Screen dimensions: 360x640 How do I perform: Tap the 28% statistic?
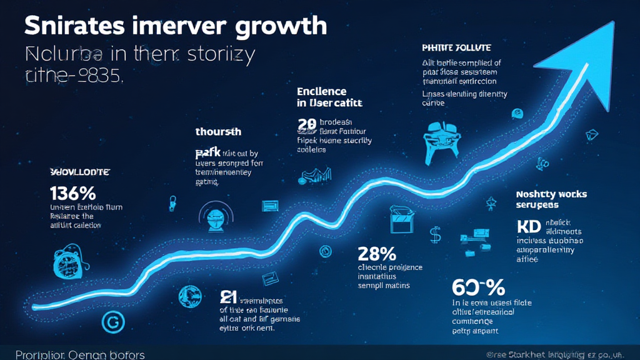[377, 254]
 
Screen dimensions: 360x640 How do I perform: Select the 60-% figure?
[477, 288]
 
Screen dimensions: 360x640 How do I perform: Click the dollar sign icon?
[435, 234]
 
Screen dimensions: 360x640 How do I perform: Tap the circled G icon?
[113, 322]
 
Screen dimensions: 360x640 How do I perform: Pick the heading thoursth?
[218, 132]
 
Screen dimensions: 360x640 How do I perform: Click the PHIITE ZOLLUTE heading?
[457, 47]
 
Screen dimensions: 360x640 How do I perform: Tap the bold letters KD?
[529, 226]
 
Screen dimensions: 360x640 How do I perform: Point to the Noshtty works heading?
[552, 194]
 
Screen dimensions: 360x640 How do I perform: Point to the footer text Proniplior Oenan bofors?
[79, 354]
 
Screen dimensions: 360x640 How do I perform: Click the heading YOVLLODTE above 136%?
[79, 171]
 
